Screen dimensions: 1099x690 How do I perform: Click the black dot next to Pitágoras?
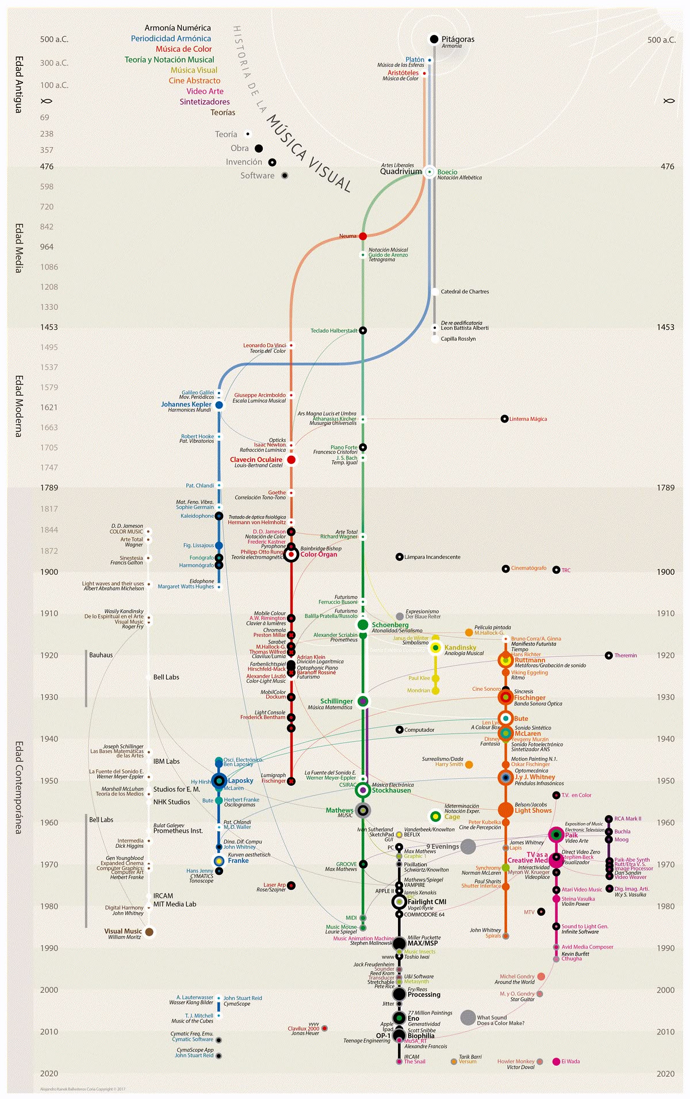434,39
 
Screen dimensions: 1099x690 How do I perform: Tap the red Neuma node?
363,236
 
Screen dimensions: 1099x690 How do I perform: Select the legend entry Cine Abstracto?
194,80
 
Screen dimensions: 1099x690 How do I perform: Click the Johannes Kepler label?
186,404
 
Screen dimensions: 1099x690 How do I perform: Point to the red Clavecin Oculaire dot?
291,460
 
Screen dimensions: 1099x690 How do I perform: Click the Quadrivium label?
401,171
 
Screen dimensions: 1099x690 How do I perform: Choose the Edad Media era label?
18,248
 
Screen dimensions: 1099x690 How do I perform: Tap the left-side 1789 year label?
49,487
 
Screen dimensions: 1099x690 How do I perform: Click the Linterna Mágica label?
528,419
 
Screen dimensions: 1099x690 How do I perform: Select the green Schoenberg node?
363,625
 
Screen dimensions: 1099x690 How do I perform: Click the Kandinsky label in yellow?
460,647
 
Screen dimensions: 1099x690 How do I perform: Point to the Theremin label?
626,655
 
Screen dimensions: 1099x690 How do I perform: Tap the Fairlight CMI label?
427,902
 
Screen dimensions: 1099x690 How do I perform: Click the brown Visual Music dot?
149,932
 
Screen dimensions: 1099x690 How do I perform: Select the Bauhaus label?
101,655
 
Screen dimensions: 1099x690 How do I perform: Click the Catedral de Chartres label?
465,291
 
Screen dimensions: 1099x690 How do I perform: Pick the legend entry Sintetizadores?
205,102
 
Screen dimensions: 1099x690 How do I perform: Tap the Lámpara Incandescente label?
432,557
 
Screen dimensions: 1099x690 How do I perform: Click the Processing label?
424,994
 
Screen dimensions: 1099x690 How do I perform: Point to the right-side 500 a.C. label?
661,40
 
